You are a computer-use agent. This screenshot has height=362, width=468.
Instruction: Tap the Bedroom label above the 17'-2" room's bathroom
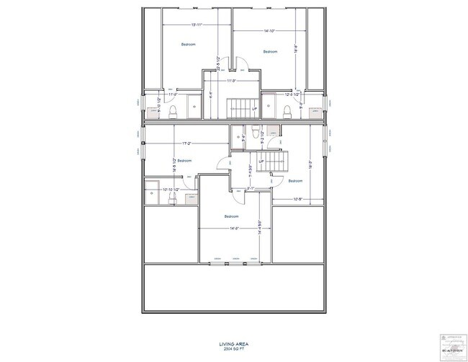point(184,160)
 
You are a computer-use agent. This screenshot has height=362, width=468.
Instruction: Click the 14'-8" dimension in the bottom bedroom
point(234,229)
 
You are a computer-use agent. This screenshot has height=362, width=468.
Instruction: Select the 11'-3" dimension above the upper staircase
point(232,81)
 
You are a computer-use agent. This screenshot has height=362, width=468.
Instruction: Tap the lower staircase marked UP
point(276,162)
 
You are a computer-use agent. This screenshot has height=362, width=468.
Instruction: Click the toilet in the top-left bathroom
point(174,110)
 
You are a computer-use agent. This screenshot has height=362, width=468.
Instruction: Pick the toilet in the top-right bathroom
point(287,110)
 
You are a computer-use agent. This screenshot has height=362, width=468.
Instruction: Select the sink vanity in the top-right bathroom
point(315,111)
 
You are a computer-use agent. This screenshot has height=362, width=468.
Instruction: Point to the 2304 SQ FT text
point(234,350)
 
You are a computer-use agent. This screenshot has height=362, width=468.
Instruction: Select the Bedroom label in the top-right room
point(270,51)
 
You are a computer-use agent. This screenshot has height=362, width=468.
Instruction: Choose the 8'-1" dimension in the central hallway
point(250,189)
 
